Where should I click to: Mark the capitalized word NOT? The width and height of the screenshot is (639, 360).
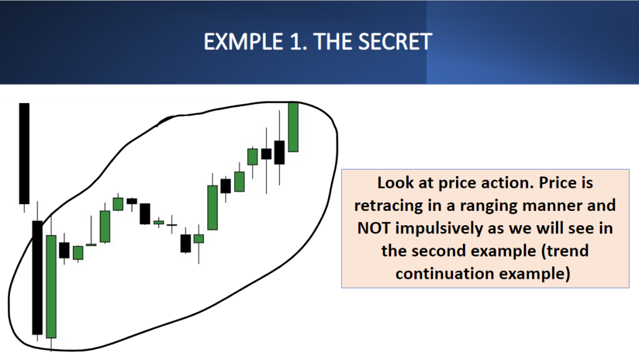[374, 228]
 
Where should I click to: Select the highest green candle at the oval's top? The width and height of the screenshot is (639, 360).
[293, 127]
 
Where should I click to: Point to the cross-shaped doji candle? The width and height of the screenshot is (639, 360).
[172, 225]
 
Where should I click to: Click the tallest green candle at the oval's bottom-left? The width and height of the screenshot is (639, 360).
[51, 286]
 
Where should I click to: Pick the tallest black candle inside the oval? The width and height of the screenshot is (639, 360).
[37, 277]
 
